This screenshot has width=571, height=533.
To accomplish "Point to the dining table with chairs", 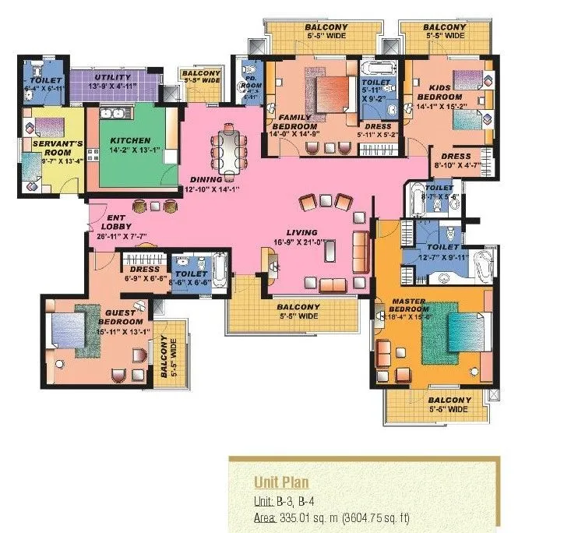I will [231, 152].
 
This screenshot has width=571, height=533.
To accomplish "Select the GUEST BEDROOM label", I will [124, 317].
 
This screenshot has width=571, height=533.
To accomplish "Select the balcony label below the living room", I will [298, 312].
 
